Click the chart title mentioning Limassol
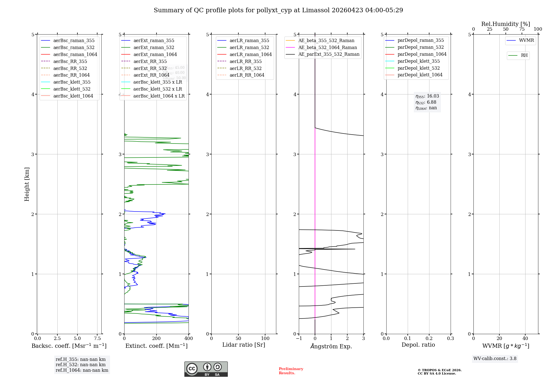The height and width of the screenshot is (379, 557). pyautogui.click(x=278, y=10)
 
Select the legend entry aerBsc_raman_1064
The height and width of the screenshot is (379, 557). pyautogui.click(x=75, y=54)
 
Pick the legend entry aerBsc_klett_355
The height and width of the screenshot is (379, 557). pyautogui.click(x=72, y=82)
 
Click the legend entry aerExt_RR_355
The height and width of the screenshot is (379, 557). pyautogui.click(x=150, y=61)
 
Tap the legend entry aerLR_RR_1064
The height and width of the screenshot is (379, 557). pyautogui.click(x=247, y=75)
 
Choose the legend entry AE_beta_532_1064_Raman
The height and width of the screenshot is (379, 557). pyautogui.click(x=328, y=47)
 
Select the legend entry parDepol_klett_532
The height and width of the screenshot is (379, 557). pyautogui.click(x=418, y=68)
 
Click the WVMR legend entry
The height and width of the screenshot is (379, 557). pyautogui.click(x=526, y=40)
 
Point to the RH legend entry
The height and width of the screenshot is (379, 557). pyautogui.click(x=524, y=55)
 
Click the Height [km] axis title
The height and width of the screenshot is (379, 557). pyautogui.click(x=27, y=184)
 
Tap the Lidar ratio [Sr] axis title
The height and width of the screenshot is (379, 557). pyautogui.click(x=244, y=345)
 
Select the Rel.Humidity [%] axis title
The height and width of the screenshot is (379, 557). pyautogui.click(x=505, y=24)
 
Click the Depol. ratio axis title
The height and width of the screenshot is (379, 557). pyautogui.click(x=418, y=345)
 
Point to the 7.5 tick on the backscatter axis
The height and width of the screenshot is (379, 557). pyautogui.click(x=97, y=339)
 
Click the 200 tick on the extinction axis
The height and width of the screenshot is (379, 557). pyautogui.click(x=157, y=339)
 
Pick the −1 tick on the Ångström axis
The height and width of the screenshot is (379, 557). pyautogui.click(x=299, y=339)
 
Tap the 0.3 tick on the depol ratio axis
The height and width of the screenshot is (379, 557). pyautogui.click(x=450, y=339)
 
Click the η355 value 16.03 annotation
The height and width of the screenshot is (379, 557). pyautogui.click(x=427, y=96)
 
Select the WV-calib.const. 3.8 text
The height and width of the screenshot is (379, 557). pyautogui.click(x=495, y=359)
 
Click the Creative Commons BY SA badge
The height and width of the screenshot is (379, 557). pyautogui.click(x=206, y=369)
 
